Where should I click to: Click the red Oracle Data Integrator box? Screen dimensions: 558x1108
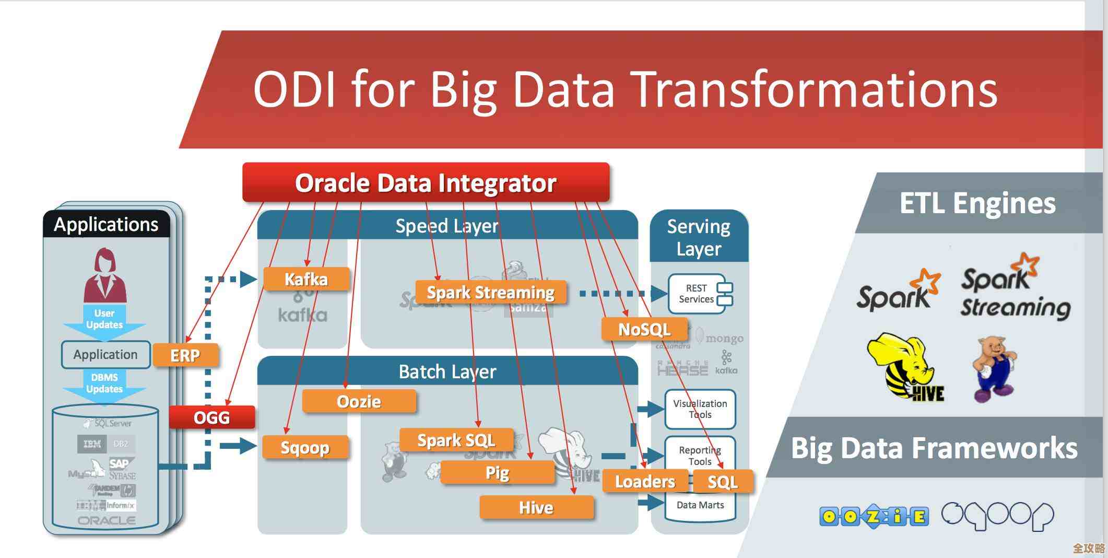426,182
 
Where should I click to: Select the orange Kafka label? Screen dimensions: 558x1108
306,279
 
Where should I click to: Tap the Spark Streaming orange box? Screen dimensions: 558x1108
490,292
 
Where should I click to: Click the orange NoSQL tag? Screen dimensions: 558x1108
644,329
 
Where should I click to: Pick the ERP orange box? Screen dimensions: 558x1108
185,355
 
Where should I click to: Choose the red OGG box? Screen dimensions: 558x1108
211,417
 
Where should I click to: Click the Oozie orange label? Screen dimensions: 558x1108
359,401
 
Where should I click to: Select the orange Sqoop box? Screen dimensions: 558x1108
305,447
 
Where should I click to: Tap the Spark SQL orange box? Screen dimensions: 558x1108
456,440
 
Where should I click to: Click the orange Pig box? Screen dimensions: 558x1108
497,472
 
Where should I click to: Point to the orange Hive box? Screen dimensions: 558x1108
536,507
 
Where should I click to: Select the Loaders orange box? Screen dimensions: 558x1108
645,481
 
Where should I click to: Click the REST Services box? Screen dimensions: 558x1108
700,294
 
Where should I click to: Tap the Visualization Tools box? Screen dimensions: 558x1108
700,409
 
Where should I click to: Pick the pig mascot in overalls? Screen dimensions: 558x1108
994,368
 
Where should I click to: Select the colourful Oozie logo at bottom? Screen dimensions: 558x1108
874,516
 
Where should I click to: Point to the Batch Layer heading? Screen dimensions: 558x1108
447,371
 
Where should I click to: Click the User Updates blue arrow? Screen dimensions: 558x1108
104,319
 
